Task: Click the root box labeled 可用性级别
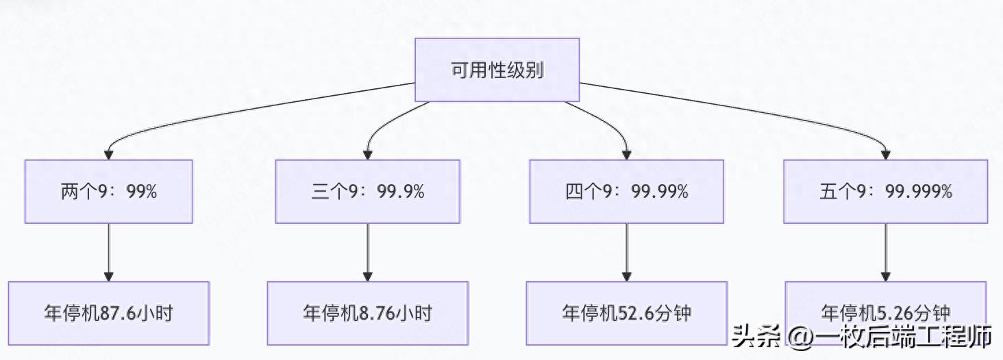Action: [497, 70]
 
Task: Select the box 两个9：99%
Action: [108, 192]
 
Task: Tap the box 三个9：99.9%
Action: [368, 192]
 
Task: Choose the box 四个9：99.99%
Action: [626, 192]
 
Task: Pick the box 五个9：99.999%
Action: [886, 192]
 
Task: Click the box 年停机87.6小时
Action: [108, 313]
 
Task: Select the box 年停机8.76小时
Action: [368, 313]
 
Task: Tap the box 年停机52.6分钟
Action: [626, 313]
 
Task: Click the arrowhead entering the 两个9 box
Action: [108, 155]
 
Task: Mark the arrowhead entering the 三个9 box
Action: [369, 155]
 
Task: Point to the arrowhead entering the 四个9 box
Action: [626, 155]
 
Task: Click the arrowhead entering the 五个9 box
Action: [886, 155]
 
